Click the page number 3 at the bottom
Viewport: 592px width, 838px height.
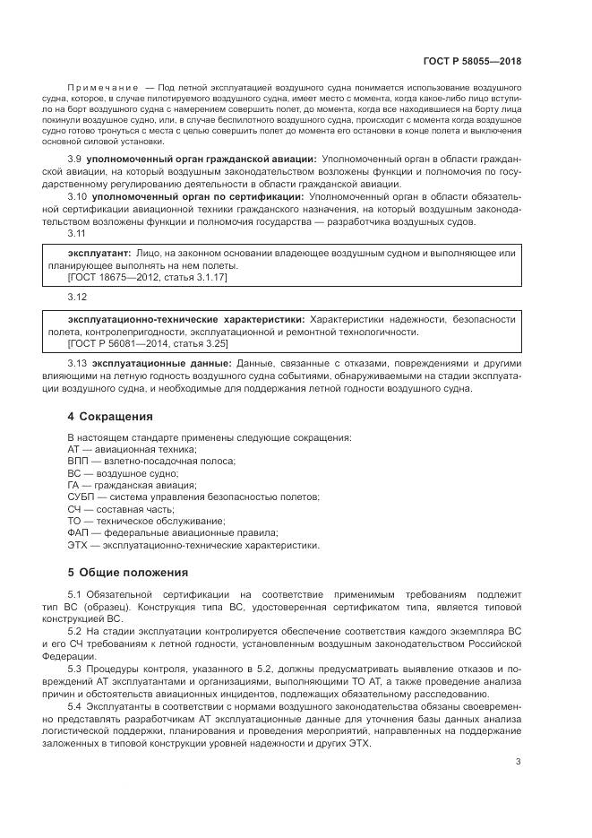tap(518, 762)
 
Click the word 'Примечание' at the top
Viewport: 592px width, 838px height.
tap(97, 87)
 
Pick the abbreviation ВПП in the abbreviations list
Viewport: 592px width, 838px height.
tap(78, 461)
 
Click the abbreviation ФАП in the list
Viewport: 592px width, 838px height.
tap(79, 532)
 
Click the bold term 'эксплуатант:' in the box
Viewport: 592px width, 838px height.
tap(99, 254)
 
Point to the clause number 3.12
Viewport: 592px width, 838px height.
tap(76, 298)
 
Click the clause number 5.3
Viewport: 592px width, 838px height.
tap(75, 670)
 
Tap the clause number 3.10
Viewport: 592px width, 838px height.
tap(78, 195)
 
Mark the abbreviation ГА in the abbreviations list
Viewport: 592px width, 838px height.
tap(74, 485)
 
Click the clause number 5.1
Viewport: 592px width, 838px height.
tap(75, 596)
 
